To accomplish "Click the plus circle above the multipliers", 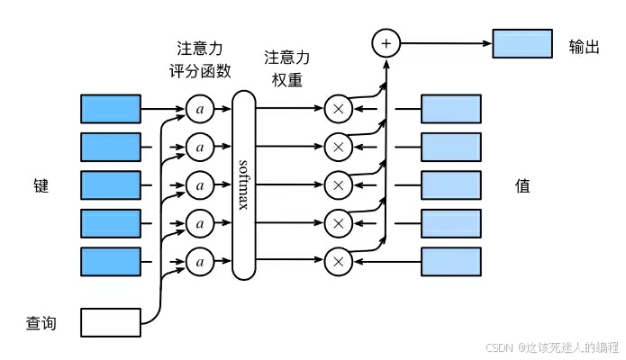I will pyautogui.click(x=386, y=43).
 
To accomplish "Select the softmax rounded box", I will pyautogui.click(x=243, y=184).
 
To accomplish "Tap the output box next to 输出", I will pyautogui.click(x=522, y=43).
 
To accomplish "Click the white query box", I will pyautogui.click(x=111, y=321).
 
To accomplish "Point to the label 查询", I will pyautogui.click(x=41, y=321).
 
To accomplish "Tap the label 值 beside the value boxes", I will pyautogui.click(x=522, y=187).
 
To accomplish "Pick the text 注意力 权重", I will pyautogui.click(x=286, y=67).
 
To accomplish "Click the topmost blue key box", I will pyautogui.click(x=111, y=108).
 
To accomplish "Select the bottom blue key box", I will pyautogui.click(x=111, y=261).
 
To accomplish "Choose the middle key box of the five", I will pyautogui.click(x=111, y=184).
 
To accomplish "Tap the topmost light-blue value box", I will pyautogui.click(x=451, y=108).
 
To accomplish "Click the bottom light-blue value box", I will pyautogui.click(x=451, y=261).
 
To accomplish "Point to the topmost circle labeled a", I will pyautogui.click(x=201, y=109).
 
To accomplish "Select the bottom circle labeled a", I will pyautogui.click(x=201, y=262).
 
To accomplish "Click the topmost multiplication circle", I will pyautogui.click(x=338, y=109).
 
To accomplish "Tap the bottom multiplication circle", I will pyautogui.click(x=338, y=262).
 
